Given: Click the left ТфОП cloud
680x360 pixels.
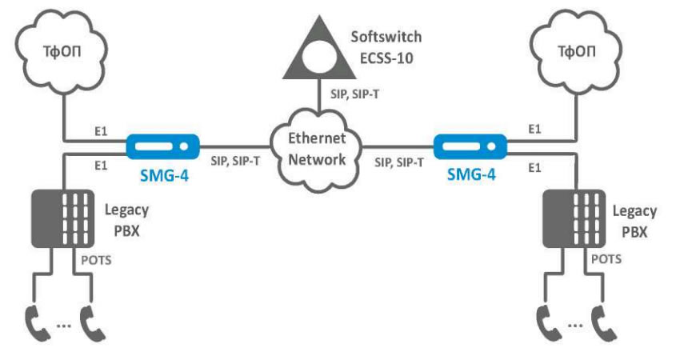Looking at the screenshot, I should [61, 56].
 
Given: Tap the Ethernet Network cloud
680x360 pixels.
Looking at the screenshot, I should [318, 147].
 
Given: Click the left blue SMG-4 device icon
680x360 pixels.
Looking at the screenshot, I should [162, 147].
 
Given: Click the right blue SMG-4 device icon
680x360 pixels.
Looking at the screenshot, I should [471, 147].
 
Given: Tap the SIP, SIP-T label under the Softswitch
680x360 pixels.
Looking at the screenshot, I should [356, 94].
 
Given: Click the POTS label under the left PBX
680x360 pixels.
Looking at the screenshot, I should [94, 261].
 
